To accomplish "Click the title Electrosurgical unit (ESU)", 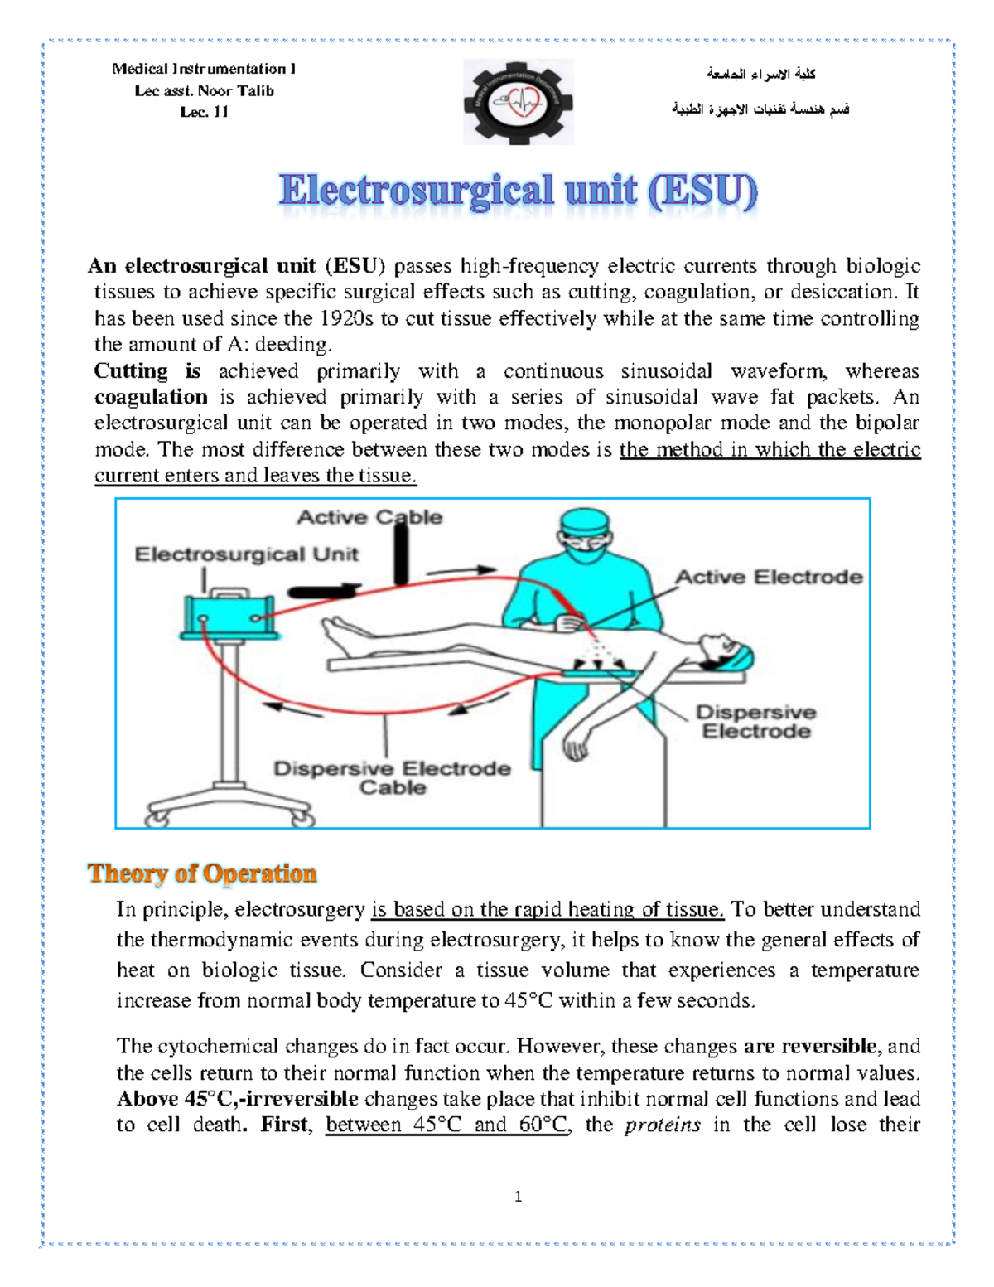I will tap(518, 191).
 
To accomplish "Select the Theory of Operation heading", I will tap(202, 873).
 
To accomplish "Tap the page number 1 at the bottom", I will tap(518, 1196).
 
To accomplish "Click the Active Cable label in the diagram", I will tap(369, 517).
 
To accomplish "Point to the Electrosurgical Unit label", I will tap(246, 554).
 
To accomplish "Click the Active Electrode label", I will tap(769, 577).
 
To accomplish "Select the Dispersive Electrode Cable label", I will tap(392, 777).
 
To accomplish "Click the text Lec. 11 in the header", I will tap(204, 112).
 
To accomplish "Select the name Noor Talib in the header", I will tap(235, 91).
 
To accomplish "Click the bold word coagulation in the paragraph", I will tap(151, 397).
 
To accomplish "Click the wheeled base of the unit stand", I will tap(230, 807).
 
